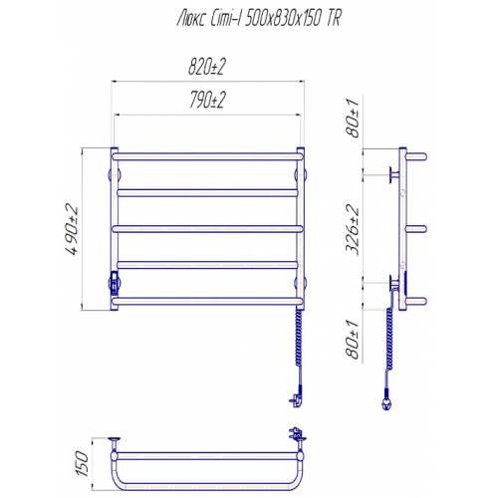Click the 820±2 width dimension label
[207, 67]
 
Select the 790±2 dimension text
[208, 100]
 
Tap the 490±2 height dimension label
[73, 229]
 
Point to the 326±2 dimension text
[353, 229]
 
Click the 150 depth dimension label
[83, 463]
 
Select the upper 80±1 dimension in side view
[353, 118]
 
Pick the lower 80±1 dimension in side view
[353, 340]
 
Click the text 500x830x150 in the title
[285, 18]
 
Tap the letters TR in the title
[334, 18]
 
